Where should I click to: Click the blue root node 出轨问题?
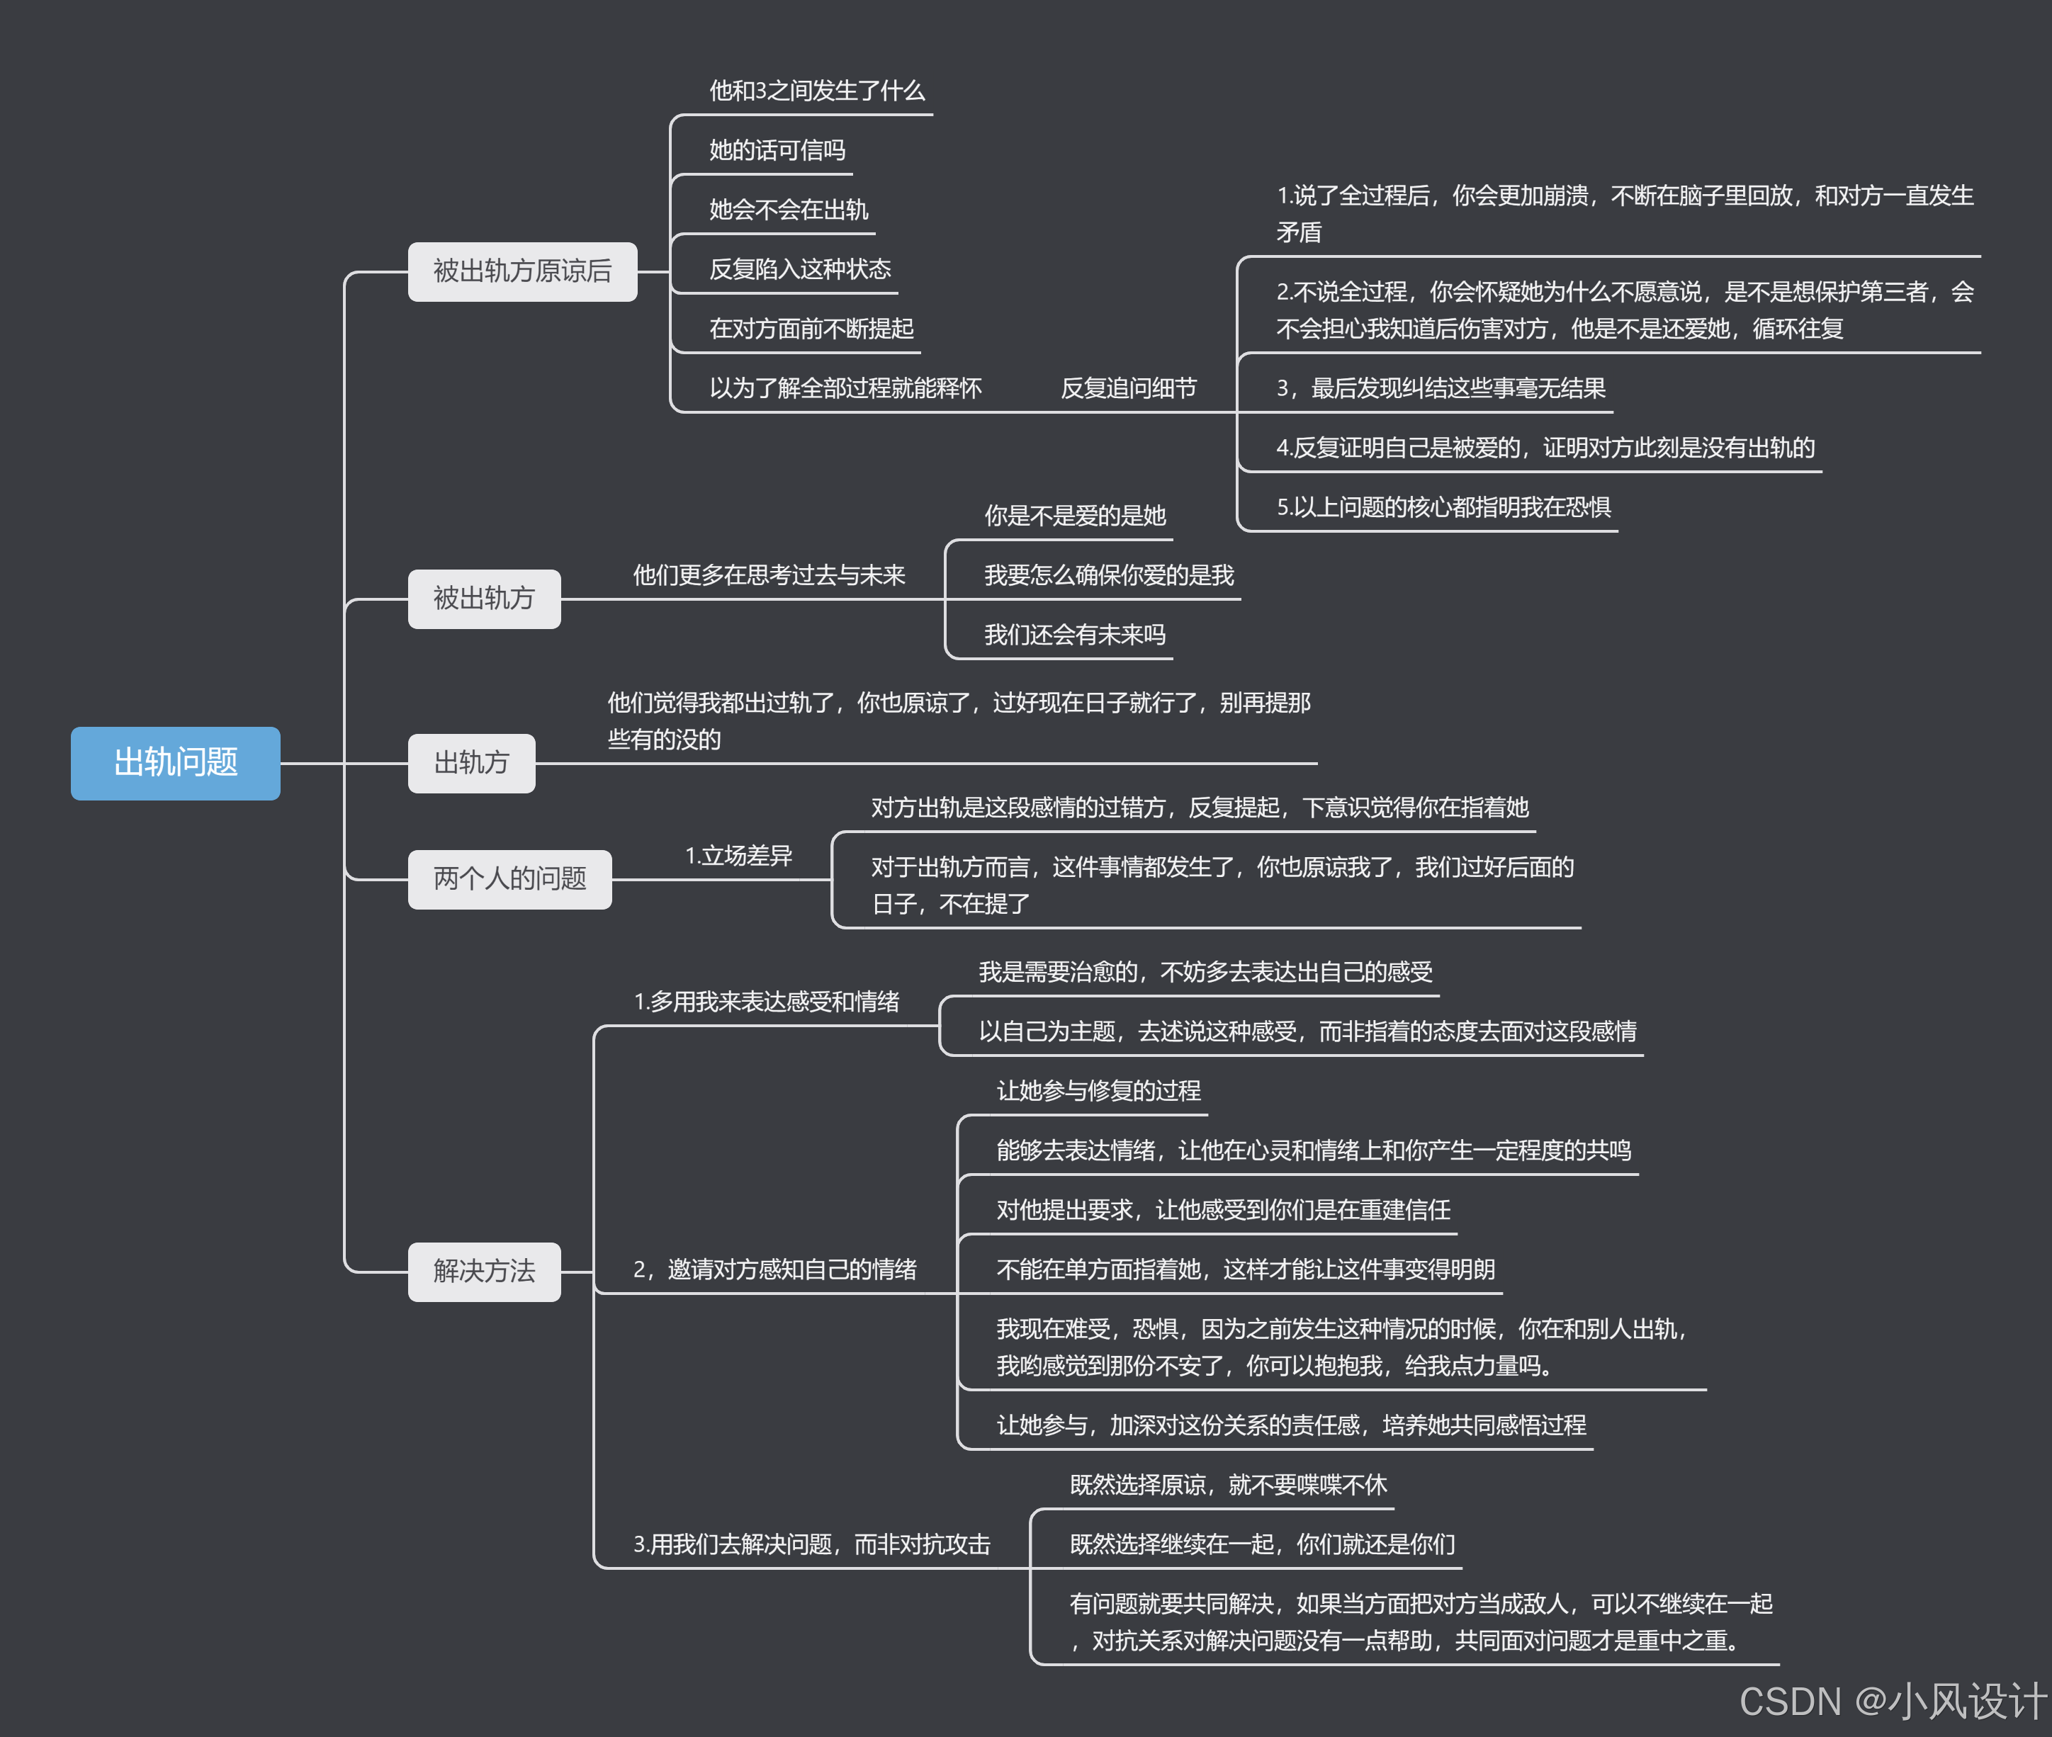tap(175, 763)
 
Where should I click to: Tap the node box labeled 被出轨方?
tap(483, 599)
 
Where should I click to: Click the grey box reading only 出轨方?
tap(472, 763)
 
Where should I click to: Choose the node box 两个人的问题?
tap(509, 878)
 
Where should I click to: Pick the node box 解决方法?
tap(483, 1272)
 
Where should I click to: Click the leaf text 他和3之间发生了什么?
tap(816, 91)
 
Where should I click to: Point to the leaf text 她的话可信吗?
tap(777, 151)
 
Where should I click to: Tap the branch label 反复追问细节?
tap(1129, 389)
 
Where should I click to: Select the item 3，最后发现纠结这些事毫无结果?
tap(1441, 389)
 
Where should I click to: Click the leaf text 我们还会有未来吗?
tap(1074, 635)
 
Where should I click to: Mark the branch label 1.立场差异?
tap(738, 856)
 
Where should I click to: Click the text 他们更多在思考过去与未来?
tap(768, 575)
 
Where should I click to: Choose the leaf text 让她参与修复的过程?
tap(1098, 1091)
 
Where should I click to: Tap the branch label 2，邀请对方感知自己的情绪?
tap(774, 1269)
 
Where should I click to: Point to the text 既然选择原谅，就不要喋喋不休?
tap(1228, 1485)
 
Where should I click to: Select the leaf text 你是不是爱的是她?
tap(1074, 516)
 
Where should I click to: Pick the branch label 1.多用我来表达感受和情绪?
tap(766, 1002)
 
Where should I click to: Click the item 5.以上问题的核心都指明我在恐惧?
tap(1443, 508)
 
